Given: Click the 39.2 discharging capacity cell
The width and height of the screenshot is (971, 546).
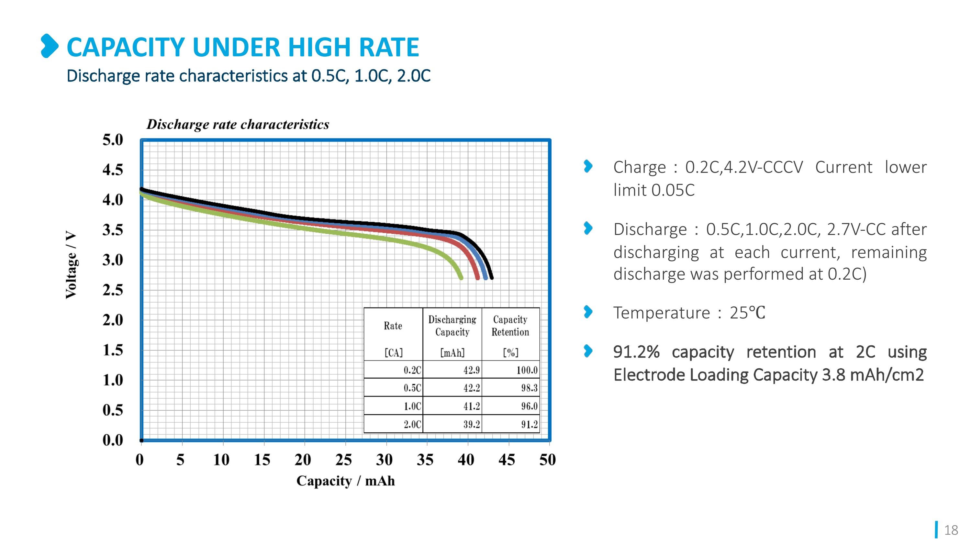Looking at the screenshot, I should [472, 424].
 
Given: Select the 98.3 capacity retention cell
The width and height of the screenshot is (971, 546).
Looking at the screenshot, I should [529, 388].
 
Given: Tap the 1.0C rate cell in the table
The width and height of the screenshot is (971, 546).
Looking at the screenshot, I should [412, 406].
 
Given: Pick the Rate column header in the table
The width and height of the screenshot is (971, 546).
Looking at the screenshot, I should [393, 326].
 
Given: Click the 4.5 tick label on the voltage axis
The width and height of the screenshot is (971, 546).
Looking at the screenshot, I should [113, 170].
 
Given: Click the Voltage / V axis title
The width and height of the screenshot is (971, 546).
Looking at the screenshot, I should [71, 264].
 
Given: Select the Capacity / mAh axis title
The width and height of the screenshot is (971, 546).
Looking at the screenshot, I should [345, 481].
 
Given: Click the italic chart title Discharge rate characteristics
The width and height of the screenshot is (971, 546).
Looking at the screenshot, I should [238, 124].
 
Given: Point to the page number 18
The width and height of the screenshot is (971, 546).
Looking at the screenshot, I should [951, 530].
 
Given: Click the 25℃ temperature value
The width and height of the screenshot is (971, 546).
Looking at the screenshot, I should [747, 313].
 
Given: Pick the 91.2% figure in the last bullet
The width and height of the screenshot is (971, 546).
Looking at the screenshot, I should [636, 352].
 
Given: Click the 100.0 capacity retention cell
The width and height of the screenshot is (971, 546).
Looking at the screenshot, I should [527, 370].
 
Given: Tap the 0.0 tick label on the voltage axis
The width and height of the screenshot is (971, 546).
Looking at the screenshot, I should [113, 440].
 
